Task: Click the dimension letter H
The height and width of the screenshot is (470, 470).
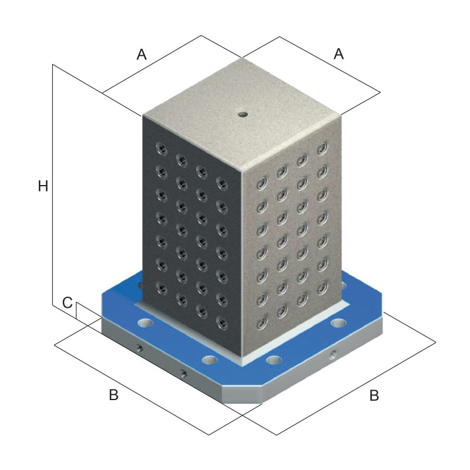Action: point(43,186)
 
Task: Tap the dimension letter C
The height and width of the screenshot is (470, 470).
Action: point(68,303)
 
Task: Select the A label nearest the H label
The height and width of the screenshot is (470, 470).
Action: point(142,55)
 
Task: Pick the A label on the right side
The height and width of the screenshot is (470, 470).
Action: point(339,54)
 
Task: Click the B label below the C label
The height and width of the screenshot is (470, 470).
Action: point(113,395)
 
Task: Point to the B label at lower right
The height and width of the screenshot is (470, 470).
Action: point(374,395)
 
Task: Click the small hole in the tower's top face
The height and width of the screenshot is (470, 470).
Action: point(243,114)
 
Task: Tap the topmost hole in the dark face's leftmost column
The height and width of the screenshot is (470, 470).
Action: point(162,149)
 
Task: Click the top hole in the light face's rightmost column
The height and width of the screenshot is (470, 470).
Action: point(322,148)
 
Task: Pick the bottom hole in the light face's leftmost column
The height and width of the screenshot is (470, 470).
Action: point(261,322)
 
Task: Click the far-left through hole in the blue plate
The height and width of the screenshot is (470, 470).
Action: point(146,323)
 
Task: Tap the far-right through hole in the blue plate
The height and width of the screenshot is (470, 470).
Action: point(338,323)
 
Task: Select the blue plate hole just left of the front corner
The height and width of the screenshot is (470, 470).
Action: point(210,360)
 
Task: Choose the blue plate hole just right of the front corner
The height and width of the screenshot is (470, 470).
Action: point(274,360)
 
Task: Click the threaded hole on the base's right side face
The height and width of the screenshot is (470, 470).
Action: point(333,355)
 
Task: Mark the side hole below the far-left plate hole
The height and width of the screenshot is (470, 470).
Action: point(139,348)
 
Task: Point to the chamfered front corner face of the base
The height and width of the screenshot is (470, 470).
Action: point(242,395)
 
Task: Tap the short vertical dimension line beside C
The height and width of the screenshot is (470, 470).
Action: point(76,310)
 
